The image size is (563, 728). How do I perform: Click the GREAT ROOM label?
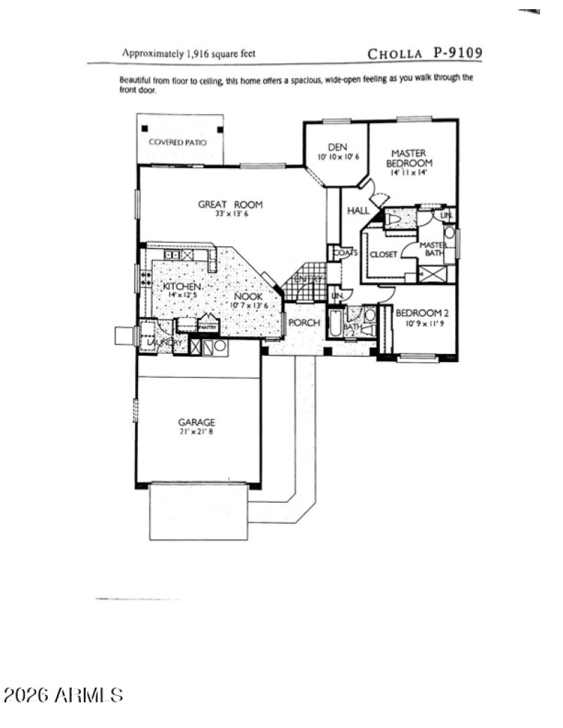[x=229, y=205]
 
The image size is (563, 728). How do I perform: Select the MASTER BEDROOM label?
[x=409, y=158]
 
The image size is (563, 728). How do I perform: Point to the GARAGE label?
[x=196, y=422]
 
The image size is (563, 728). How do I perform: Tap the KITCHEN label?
[x=183, y=287]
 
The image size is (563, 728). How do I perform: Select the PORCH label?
[x=305, y=323]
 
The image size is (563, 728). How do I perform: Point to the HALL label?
[x=358, y=210]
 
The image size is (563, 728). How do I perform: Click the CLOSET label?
[x=384, y=254]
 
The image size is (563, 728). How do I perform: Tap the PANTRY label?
[x=208, y=327]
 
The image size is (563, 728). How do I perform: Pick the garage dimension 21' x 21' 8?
[x=196, y=432]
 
